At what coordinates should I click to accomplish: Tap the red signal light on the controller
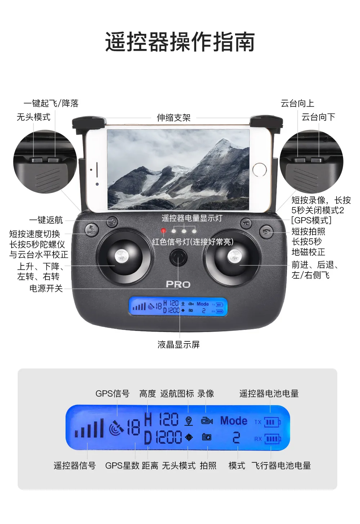tap(163, 230)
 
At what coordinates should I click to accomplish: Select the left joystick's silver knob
tap(121, 256)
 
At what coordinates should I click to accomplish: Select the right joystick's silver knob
tap(234, 257)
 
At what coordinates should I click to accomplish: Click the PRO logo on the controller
tap(178, 285)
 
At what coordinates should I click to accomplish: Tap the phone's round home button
tap(259, 170)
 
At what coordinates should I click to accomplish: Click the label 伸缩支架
tap(174, 118)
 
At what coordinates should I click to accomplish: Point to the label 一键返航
tap(46, 220)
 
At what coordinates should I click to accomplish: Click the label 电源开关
tap(46, 288)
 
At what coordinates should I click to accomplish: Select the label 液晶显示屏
tap(179, 345)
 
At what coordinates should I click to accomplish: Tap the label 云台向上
tap(297, 104)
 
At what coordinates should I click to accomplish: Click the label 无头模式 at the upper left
tap(33, 117)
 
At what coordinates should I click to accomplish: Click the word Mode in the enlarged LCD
tap(234, 421)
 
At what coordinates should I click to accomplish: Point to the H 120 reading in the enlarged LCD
tap(161, 420)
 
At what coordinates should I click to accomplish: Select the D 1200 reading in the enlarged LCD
tap(163, 438)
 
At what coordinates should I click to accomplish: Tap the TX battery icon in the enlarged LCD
tap(272, 422)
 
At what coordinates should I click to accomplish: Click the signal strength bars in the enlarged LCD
tap(89, 429)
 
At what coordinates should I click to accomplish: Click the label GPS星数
tap(122, 466)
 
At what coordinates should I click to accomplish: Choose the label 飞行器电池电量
tap(281, 466)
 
